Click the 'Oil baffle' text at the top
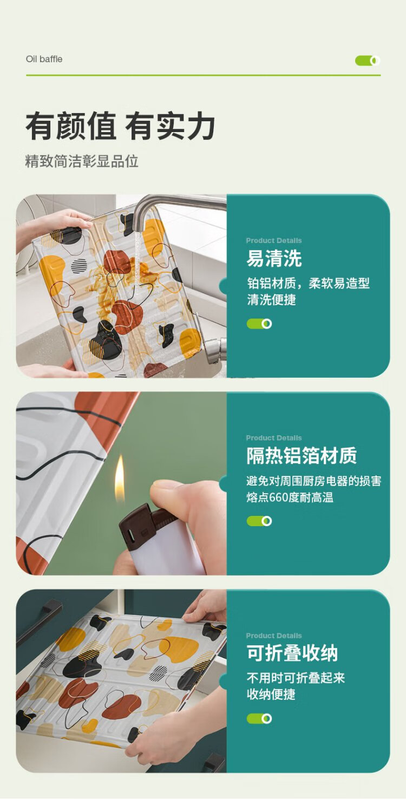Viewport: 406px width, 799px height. pos(44,59)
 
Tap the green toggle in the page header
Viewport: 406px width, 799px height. pos(368,61)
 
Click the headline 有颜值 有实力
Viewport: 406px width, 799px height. pos(120,126)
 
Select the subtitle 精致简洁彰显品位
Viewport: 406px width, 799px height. pos(82,161)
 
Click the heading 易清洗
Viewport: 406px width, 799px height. pos(274,258)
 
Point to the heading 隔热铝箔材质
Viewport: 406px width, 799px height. pos(302,455)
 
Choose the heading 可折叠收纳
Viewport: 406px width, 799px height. pos(292,653)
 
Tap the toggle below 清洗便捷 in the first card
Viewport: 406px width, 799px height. pos(259,324)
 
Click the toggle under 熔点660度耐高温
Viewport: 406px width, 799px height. pos(259,521)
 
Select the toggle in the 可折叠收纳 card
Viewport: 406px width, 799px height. pos(259,718)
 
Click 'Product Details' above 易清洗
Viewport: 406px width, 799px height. pos(273,240)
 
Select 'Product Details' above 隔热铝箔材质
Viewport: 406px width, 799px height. pos(273,438)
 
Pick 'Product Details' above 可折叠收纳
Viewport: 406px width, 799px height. pos(273,636)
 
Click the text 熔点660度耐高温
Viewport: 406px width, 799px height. pos(290,497)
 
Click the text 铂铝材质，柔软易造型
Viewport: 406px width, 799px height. pos(308,283)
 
